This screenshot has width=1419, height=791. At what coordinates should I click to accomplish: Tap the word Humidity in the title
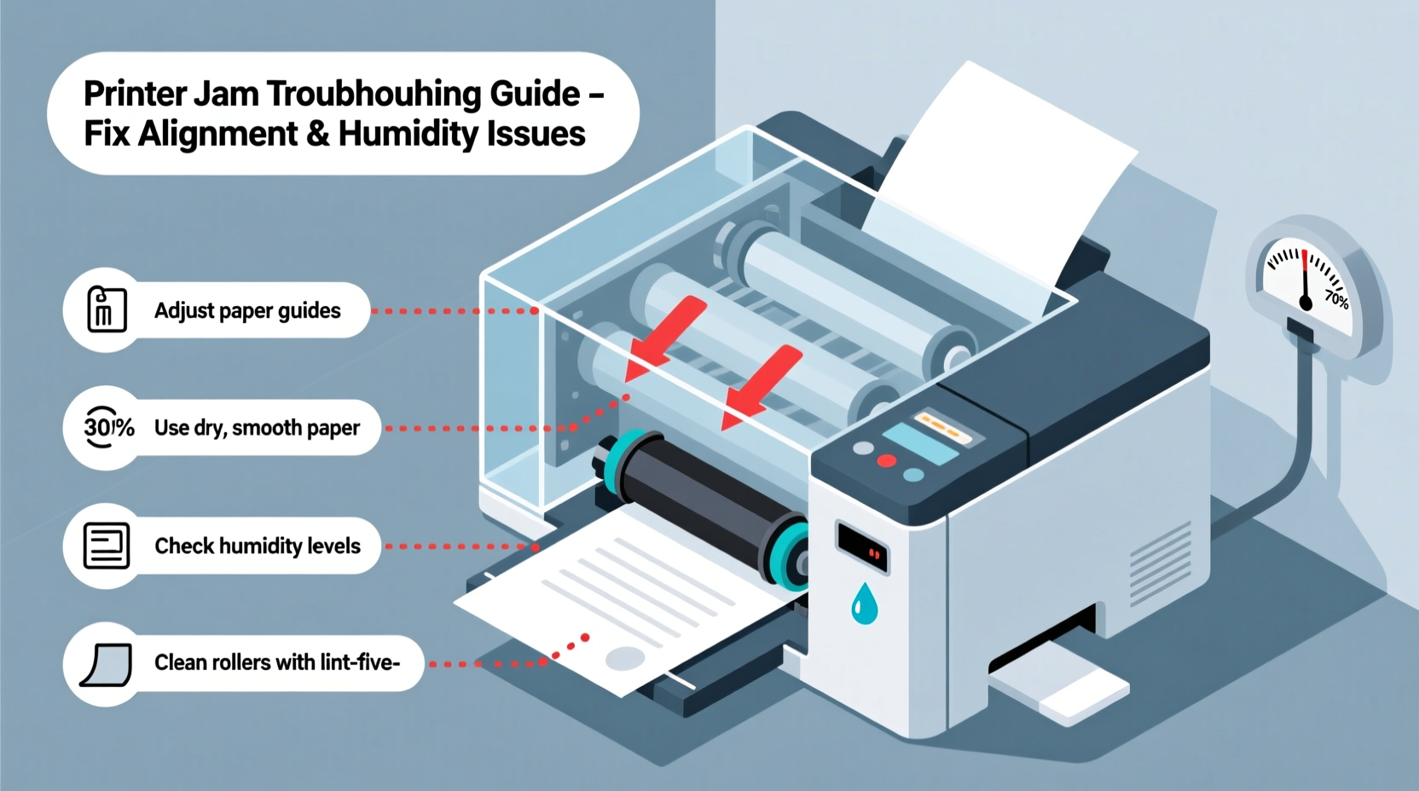(407, 134)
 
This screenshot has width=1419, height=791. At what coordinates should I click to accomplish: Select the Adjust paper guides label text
(247, 310)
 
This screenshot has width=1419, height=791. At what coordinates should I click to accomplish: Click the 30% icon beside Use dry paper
(108, 427)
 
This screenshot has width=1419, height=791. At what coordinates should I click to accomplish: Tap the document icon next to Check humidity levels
(107, 546)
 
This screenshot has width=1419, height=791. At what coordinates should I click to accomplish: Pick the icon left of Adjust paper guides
(107, 309)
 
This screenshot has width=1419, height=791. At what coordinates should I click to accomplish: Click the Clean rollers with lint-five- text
(276, 662)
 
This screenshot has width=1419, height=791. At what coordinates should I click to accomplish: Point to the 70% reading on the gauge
(1336, 298)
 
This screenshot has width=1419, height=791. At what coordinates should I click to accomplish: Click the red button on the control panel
(887, 461)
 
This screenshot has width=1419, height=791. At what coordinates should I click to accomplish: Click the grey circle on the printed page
(624, 658)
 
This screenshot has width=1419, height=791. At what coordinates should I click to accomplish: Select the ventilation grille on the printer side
(1160, 563)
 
